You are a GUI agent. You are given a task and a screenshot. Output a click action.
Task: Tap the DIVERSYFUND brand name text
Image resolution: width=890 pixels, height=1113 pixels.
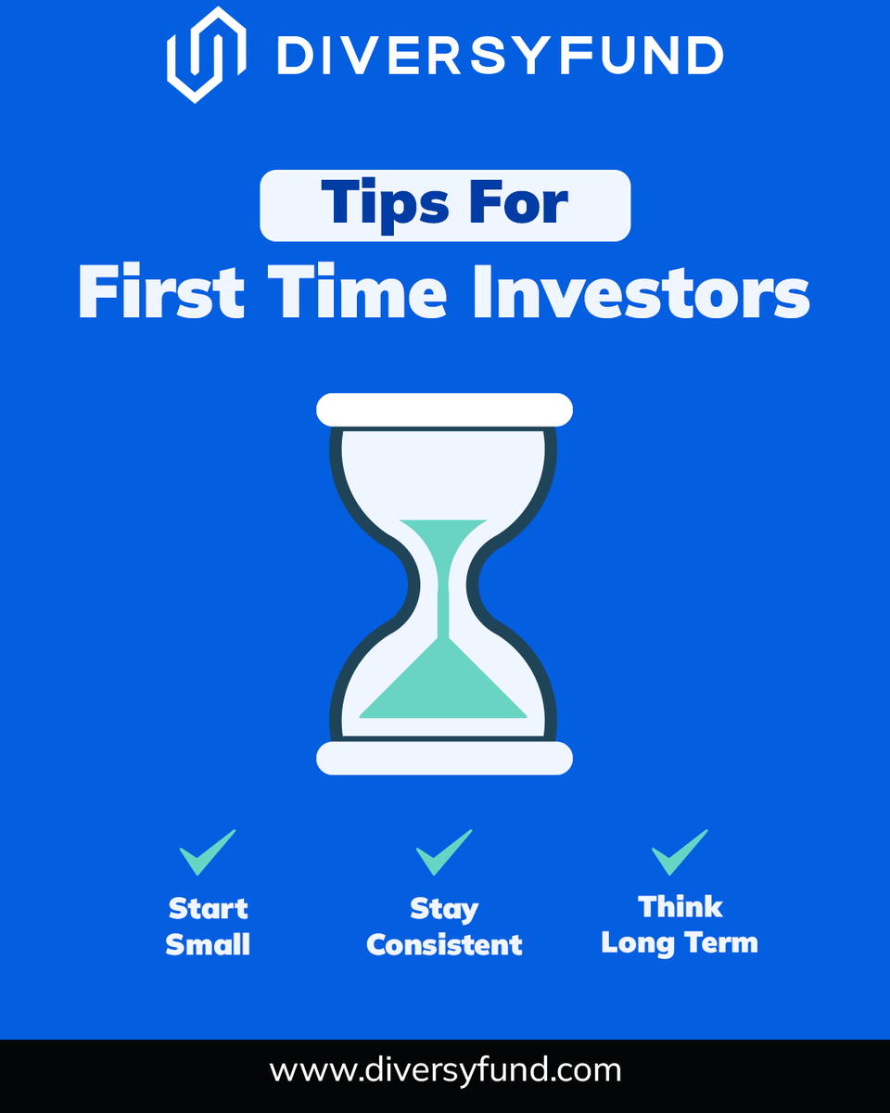(x=500, y=56)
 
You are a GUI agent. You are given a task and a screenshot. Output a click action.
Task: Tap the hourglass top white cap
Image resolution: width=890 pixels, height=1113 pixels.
(x=444, y=409)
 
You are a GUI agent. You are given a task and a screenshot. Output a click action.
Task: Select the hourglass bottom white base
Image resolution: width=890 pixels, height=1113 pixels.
(x=444, y=758)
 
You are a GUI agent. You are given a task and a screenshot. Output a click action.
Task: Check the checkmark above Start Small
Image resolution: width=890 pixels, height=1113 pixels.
(x=208, y=852)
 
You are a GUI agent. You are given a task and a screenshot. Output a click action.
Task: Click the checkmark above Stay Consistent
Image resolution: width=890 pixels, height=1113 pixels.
(x=444, y=852)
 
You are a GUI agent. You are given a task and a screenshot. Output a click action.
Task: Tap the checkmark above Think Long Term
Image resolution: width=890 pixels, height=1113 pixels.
(x=680, y=852)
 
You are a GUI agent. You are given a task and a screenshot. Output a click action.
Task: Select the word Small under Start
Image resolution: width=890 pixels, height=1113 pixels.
(x=208, y=945)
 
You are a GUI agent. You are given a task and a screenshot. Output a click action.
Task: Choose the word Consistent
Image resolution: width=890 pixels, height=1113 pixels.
(x=444, y=945)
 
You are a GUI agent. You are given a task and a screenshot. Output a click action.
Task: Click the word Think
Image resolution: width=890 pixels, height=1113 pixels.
(x=680, y=906)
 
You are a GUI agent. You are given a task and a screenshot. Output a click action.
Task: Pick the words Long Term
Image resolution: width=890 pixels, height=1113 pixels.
(x=680, y=943)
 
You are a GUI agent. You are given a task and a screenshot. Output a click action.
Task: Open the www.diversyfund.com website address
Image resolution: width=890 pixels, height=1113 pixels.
(x=445, y=1070)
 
